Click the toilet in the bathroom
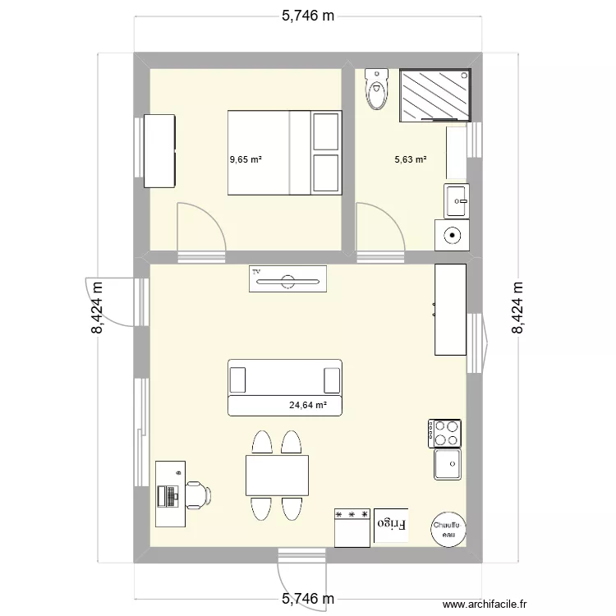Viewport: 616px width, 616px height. [377, 90]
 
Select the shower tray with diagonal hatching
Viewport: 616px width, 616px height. [436, 94]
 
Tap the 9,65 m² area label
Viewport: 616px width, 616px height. [246, 160]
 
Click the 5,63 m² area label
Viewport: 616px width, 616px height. [411, 160]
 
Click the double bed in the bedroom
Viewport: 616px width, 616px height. [284, 153]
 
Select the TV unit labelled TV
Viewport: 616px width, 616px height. [287, 279]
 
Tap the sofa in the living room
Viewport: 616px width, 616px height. [284, 387]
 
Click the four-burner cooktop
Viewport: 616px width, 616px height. [444, 433]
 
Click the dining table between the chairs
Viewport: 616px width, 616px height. [277, 476]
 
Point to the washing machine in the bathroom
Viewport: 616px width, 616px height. [452, 235]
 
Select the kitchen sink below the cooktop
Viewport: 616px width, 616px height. [448, 465]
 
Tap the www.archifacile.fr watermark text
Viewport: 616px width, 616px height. [481, 604]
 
